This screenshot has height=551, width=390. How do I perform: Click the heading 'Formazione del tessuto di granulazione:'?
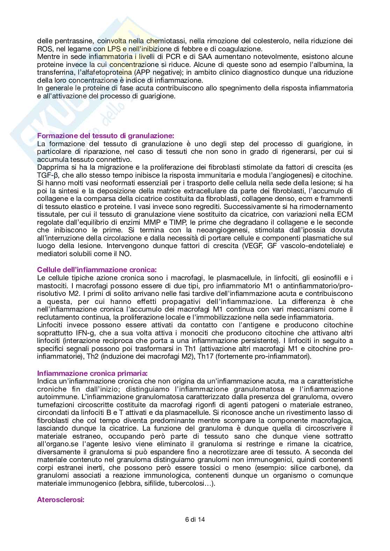[x=105, y=136]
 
